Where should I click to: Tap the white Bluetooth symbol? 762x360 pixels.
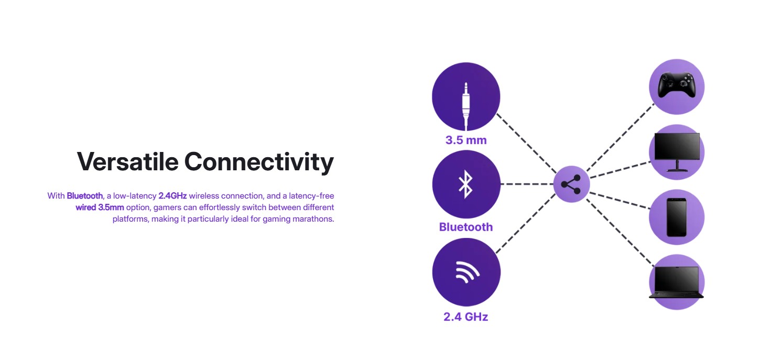466,184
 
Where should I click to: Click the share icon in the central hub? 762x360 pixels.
571,184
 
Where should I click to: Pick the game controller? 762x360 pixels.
676,85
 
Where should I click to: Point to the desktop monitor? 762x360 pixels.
677,152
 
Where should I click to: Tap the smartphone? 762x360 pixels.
676,217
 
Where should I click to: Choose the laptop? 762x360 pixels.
676,282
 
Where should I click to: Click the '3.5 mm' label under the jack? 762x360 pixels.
466,140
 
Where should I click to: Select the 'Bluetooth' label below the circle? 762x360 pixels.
466,227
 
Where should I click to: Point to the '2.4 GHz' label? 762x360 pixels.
466,317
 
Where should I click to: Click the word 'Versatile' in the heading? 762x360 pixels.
127,161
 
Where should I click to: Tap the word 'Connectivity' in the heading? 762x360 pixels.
259,162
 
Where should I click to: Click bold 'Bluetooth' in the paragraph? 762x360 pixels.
85,196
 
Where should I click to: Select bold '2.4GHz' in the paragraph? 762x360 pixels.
172,196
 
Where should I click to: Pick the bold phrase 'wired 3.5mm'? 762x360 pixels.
100,208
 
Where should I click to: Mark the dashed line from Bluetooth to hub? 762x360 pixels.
527,184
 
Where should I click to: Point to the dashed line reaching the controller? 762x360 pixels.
621,137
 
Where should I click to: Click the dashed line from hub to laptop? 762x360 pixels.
620,232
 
